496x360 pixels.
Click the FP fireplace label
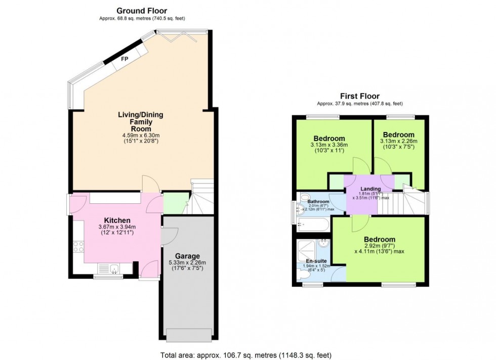click(125, 59)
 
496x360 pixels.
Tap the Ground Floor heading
click(141, 11)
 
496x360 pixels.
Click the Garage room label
click(188, 256)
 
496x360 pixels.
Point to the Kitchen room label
click(117, 220)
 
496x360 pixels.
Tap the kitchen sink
click(109, 269)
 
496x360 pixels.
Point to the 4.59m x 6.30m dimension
click(141, 135)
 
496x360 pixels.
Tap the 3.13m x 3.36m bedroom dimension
click(329, 145)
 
